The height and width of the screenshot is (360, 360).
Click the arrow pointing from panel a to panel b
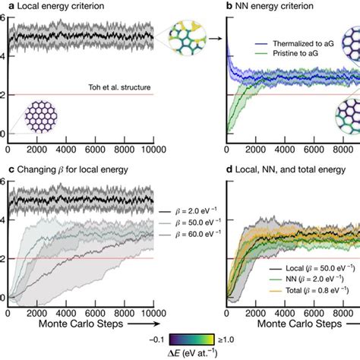(210, 36)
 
